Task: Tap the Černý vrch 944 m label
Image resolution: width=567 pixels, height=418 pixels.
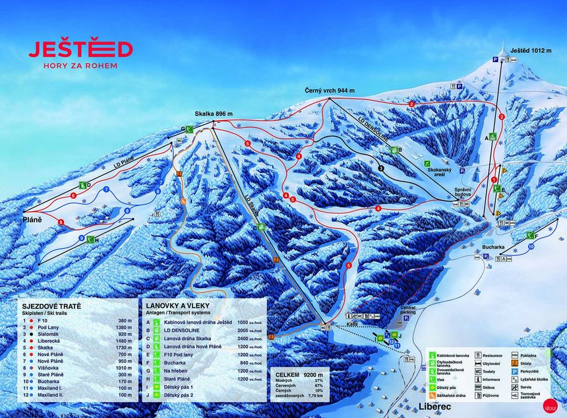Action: [x=329, y=90]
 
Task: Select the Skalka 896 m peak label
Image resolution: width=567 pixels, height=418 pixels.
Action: [x=213, y=114]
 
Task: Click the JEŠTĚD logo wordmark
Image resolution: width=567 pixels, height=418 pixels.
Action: [x=80, y=50]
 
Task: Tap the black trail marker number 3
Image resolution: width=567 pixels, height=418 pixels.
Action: [x=382, y=169]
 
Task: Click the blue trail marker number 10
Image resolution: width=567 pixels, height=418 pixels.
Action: [x=531, y=246]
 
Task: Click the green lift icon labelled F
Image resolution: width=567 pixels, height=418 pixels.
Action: [x=529, y=235]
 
